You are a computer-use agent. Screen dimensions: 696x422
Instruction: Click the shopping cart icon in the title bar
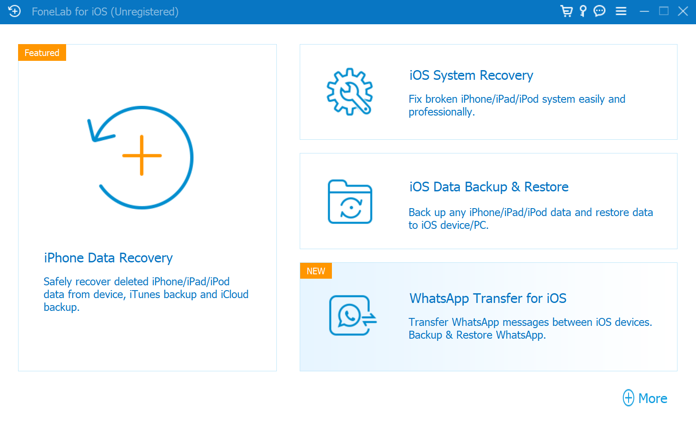[x=566, y=11]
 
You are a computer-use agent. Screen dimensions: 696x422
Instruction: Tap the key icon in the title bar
[x=583, y=11]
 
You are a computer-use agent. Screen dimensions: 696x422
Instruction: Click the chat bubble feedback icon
[x=599, y=11]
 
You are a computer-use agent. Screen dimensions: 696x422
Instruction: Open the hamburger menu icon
[x=621, y=11]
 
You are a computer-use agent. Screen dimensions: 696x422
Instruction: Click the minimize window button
[x=644, y=11]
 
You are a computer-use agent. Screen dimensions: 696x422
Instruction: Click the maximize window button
[x=664, y=11]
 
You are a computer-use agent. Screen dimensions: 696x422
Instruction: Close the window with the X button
[x=683, y=11]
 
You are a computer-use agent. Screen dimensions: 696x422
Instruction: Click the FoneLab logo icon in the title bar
[x=14, y=11]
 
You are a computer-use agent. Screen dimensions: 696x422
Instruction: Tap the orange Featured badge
[x=42, y=53]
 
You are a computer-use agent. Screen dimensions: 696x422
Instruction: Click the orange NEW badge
[x=316, y=271]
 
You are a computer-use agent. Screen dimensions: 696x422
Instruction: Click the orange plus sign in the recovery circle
[x=142, y=155]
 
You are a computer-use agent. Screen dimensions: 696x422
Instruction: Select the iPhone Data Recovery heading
[x=108, y=258]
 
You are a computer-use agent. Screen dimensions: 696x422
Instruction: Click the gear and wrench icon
[x=350, y=92]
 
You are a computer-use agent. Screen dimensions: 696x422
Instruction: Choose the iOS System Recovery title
[x=471, y=75]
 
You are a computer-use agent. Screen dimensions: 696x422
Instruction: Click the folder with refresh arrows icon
[x=350, y=202]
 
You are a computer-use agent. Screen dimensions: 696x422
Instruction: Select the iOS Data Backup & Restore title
[x=489, y=187]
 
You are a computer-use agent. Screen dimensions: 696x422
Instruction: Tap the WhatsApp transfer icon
[x=353, y=315]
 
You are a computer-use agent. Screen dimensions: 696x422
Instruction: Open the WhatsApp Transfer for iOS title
[x=488, y=299]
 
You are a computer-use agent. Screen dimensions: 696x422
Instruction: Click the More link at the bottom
[x=645, y=398]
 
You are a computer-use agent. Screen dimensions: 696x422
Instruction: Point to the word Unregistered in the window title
[x=145, y=12]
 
